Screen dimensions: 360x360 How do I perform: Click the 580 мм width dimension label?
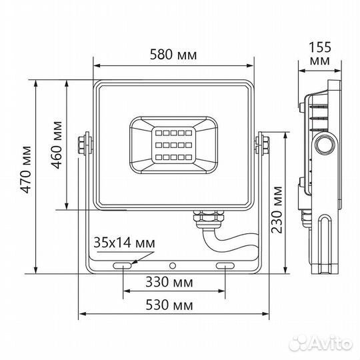pos(173,55)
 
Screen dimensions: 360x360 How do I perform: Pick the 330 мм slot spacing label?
pos(173,282)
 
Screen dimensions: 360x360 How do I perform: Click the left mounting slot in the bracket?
pos(122,266)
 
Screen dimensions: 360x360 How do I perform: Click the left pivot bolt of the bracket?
pos(85,145)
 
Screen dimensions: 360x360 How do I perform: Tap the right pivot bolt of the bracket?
pos(262,145)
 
